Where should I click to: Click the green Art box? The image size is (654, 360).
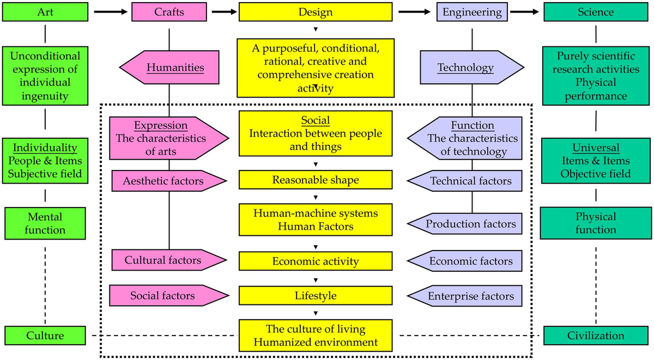[x=45, y=11]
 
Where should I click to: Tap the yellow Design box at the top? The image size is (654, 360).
[x=315, y=11]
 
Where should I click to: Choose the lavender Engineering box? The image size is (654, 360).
[x=471, y=11]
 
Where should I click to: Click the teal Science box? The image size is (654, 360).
[x=595, y=11]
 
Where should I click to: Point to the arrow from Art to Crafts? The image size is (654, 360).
[x=111, y=11]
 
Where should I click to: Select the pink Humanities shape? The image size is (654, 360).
[x=169, y=68]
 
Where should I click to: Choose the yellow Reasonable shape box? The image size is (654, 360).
[x=316, y=180]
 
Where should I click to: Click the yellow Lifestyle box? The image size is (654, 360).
[x=316, y=296]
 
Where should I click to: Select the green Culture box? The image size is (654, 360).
[x=45, y=335]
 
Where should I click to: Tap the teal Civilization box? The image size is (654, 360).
[x=595, y=335]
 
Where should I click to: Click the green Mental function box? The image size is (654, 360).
[x=45, y=223]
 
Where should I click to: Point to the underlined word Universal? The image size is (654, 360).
[x=595, y=148]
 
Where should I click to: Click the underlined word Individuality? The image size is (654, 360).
[x=45, y=148]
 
